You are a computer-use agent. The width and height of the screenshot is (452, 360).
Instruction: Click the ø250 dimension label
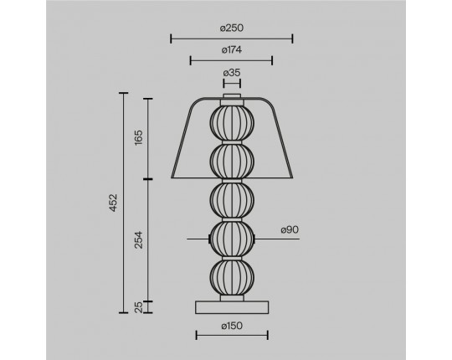pyautogui.click(x=232, y=28)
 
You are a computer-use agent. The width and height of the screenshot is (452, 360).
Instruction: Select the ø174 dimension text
pyautogui.click(x=232, y=50)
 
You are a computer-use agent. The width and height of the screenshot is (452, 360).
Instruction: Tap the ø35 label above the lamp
pyautogui.click(x=232, y=73)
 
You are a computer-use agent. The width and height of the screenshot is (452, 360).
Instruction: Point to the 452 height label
pyautogui.click(x=114, y=203)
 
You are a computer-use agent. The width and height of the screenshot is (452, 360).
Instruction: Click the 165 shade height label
pyautogui.click(x=139, y=137)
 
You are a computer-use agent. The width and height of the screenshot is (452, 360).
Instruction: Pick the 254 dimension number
pyautogui.click(x=139, y=239)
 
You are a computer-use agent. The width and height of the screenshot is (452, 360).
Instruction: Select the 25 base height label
pyautogui.click(x=139, y=307)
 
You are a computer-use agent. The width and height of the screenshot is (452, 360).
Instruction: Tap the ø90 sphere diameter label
pyautogui.click(x=290, y=230)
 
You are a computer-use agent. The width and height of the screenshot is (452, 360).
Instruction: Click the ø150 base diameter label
pyautogui.click(x=232, y=326)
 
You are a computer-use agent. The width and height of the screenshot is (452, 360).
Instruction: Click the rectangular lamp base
pyautogui.click(x=232, y=307)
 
